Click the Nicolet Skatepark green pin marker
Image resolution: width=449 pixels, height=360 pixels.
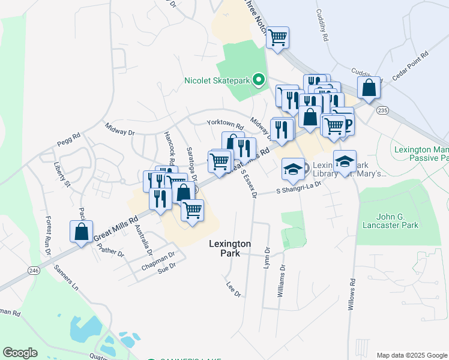259,79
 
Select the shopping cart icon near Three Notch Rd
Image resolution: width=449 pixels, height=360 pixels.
277,37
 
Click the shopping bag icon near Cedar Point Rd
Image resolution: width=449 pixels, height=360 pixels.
369,88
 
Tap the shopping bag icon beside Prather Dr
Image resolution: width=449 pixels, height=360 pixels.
81,232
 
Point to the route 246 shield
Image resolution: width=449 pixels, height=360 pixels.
34,271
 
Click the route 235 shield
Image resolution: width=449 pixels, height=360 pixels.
383,110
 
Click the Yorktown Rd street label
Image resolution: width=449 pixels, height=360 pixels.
225,124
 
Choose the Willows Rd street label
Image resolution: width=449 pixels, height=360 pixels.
352,294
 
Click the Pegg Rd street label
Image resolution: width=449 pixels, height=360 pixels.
68,140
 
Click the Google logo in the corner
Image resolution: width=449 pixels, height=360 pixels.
20,353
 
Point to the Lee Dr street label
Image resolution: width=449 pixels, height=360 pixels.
234,290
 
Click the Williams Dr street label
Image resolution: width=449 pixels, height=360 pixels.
282,283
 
